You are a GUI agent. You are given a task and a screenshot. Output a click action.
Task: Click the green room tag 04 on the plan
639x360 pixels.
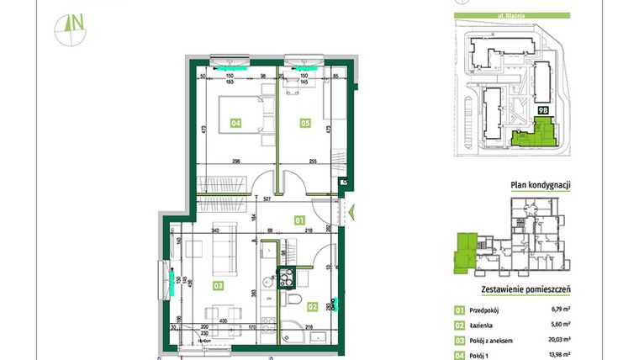click(x=236, y=124)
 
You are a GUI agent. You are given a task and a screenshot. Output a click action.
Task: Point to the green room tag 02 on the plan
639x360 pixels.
click(x=312, y=307)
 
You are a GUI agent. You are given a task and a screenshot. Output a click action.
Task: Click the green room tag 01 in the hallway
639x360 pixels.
click(x=298, y=220)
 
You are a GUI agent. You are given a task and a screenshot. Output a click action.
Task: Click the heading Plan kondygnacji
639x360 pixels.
click(x=541, y=186)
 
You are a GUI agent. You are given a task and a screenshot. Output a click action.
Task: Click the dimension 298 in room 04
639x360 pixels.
click(x=238, y=162)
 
